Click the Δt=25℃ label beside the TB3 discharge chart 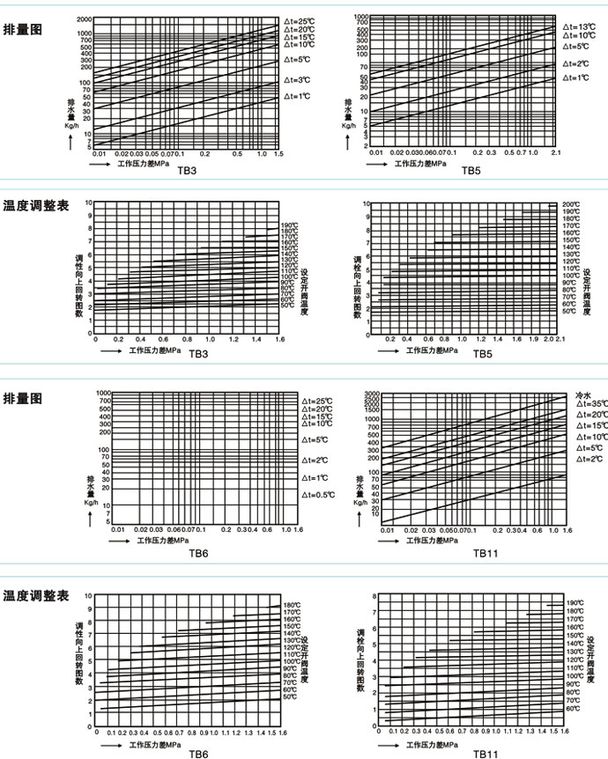(x=300, y=20)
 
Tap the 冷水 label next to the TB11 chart (x=583, y=394)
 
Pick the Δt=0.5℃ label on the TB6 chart (x=318, y=495)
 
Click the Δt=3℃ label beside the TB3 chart (x=299, y=79)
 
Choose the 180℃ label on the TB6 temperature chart (x=293, y=605)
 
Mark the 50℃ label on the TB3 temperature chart (x=287, y=305)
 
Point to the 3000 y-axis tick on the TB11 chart (x=371, y=394)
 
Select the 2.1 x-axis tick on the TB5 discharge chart (x=556, y=153)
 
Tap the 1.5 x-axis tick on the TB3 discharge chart (x=278, y=154)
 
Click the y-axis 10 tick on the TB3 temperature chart (x=88, y=203)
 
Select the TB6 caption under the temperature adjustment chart (x=199, y=754)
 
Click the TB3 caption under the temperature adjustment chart (x=199, y=353)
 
